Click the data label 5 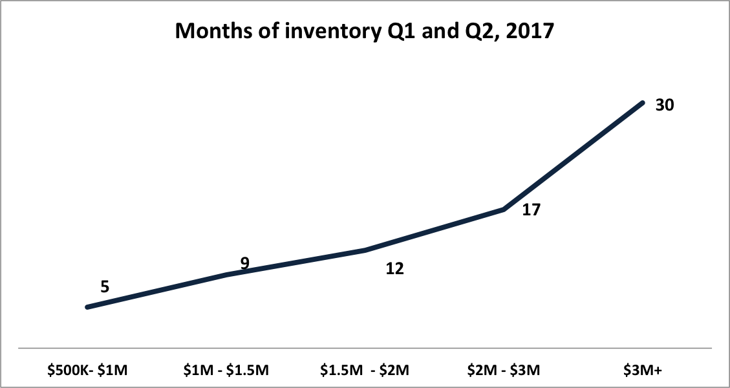pyautogui.click(x=105, y=286)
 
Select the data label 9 pyautogui.click(x=245, y=263)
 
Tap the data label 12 pyautogui.click(x=395, y=269)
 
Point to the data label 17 pyautogui.click(x=531, y=210)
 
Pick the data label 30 pyautogui.click(x=665, y=105)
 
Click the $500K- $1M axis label pyautogui.click(x=87, y=371)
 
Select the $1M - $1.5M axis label pyautogui.click(x=226, y=371)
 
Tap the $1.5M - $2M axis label pyautogui.click(x=365, y=371)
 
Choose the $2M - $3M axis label pyautogui.click(x=504, y=371)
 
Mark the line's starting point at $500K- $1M pyautogui.click(x=87, y=307)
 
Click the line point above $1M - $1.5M pyautogui.click(x=227, y=275)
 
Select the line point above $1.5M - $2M pyautogui.click(x=365, y=251)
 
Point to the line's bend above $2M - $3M pyautogui.click(x=504, y=210)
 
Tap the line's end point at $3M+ pyautogui.click(x=643, y=102)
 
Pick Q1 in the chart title pyautogui.click(x=394, y=32)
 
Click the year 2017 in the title pyautogui.click(x=533, y=31)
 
